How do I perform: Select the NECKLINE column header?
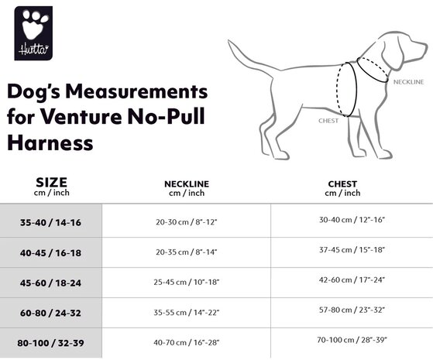[x=186, y=183]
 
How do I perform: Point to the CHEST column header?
[x=342, y=183]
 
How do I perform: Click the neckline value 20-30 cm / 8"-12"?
[x=187, y=221]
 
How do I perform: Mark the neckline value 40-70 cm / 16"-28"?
[x=187, y=341]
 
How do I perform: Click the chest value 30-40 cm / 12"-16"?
[x=352, y=220]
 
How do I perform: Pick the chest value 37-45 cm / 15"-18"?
[x=352, y=250]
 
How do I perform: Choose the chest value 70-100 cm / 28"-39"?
[x=352, y=339]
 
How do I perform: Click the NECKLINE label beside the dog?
[x=408, y=81]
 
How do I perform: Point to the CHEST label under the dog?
[x=328, y=121]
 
